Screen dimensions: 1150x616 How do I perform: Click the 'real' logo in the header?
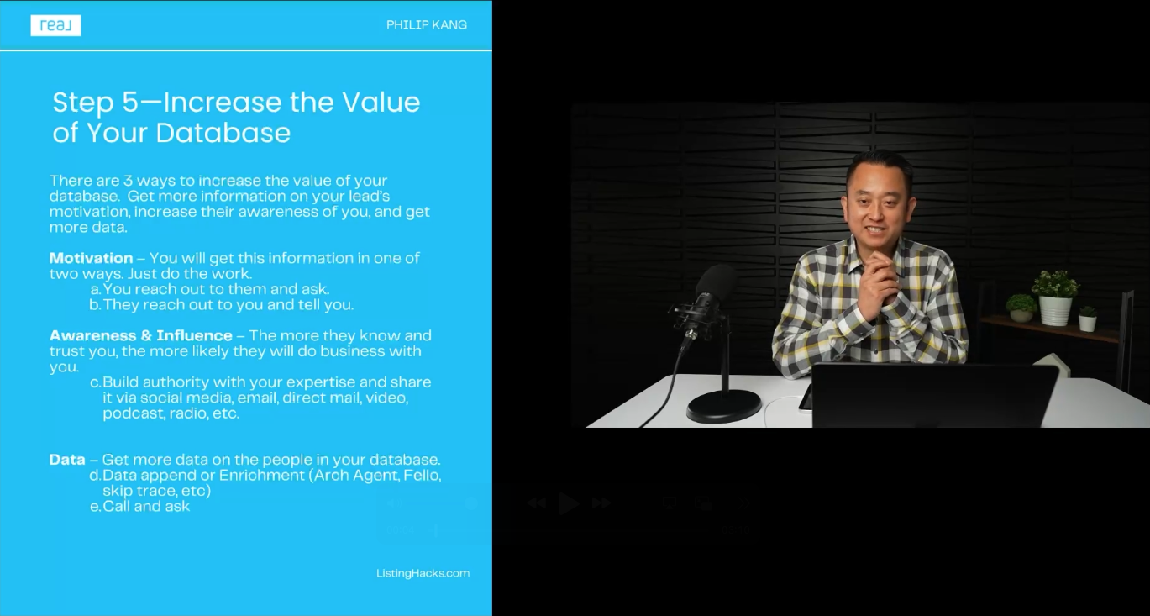point(56,25)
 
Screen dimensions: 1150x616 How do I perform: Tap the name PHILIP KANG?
point(427,24)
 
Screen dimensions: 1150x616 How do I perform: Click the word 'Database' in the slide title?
point(223,133)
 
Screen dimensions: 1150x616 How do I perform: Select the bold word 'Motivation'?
point(91,258)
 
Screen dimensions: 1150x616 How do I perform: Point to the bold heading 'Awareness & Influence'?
point(140,335)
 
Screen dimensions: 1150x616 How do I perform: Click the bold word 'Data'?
point(67,460)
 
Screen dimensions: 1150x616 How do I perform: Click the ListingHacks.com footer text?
point(423,573)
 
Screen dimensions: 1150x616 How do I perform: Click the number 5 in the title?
point(130,103)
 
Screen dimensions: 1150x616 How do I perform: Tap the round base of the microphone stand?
point(724,406)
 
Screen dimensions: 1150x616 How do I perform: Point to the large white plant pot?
point(1056,310)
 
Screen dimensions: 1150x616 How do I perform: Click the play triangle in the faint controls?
point(569,503)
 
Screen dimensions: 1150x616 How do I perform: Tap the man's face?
point(877,207)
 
